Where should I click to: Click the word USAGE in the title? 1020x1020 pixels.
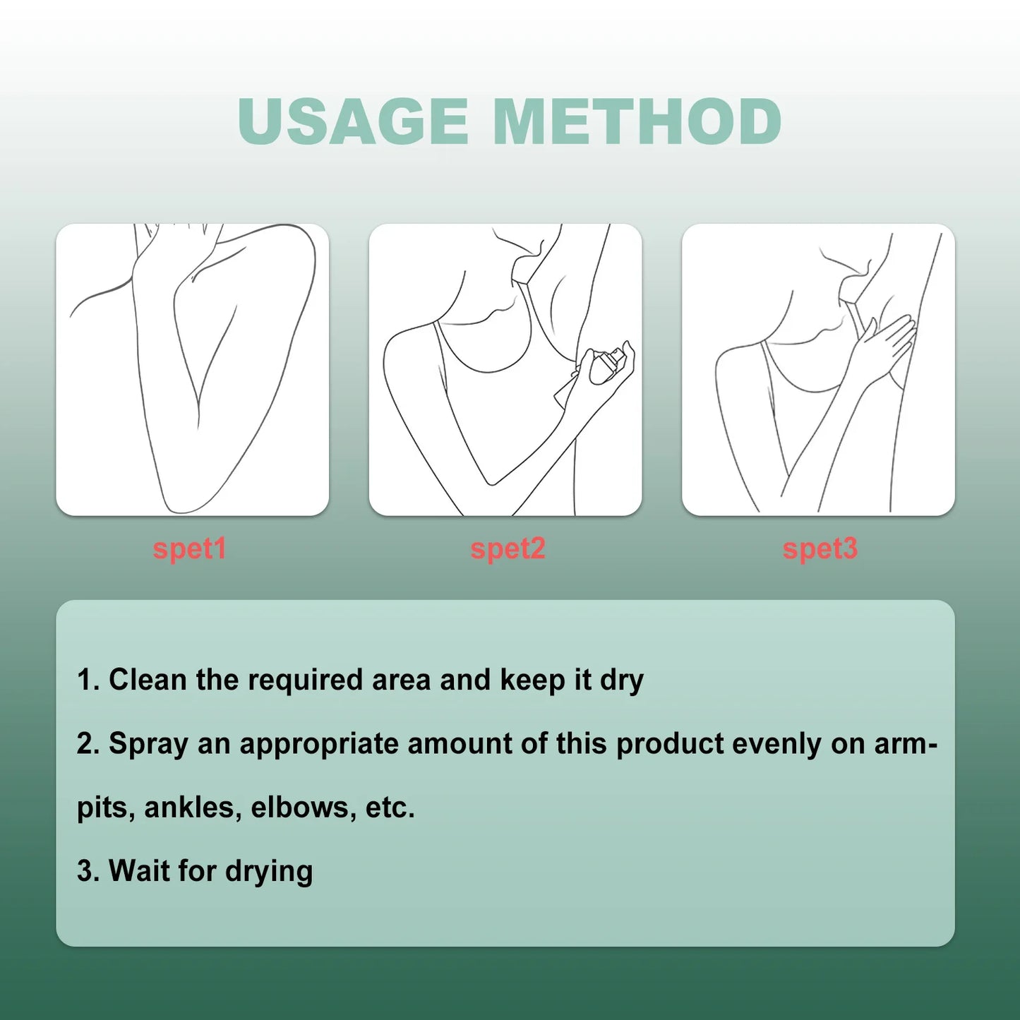click(x=353, y=121)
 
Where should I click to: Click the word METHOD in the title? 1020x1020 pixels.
click(x=637, y=121)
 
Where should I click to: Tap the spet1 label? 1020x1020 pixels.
click(x=189, y=548)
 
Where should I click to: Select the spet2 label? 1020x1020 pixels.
click(x=508, y=548)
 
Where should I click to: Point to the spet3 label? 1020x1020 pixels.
click(x=820, y=548)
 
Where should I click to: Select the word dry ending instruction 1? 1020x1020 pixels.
click(x=622, y=680)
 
